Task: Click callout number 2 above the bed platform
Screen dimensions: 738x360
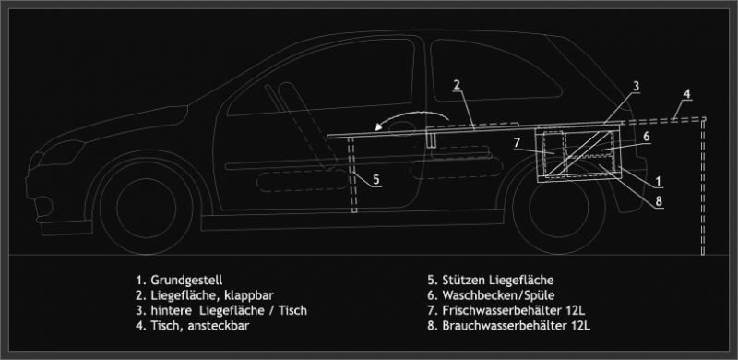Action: [457, 85]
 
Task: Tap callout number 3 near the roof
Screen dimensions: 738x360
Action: [636, 86]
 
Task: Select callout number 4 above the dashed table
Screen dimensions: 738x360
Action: [686, 94]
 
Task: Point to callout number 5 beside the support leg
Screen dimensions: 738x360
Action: [376, 179]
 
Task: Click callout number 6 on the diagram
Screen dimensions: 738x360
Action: [647, 137]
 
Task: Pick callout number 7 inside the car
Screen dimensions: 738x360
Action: [517, 142]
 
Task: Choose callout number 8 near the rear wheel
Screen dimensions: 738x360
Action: [659, 201]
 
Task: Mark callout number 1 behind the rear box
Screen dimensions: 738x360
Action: [659, 181]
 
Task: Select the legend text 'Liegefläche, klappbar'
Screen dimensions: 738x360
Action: [212, 295]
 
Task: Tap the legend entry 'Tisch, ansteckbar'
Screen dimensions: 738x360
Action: [200, 326]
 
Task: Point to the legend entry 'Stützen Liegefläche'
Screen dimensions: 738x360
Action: [498, 280]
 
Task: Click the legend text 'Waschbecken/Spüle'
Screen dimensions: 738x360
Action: [498, 295]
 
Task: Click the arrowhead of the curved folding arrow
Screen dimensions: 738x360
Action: [379, 126]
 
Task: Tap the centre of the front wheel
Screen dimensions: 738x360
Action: [147, 208]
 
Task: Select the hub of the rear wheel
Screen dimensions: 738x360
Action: [559, 208]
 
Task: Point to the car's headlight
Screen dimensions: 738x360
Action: [60, 152]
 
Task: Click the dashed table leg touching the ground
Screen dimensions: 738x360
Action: [703, 187]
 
